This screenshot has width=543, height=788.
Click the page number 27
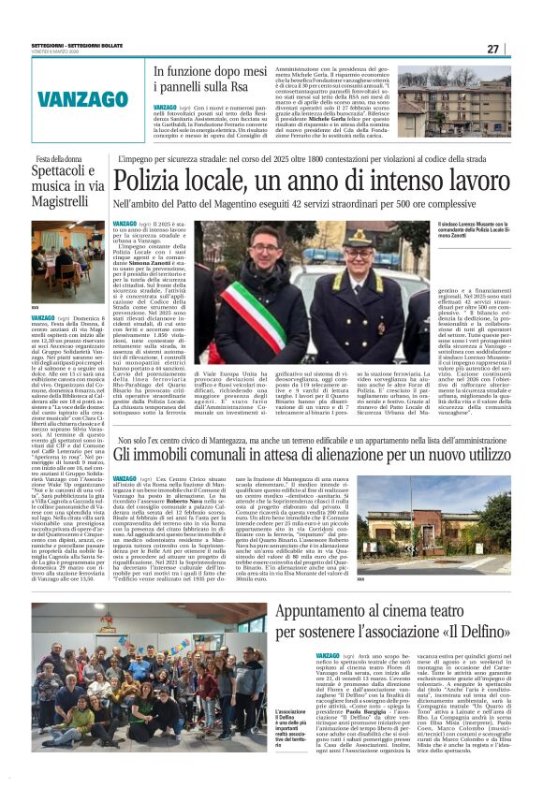pos(520,50)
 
